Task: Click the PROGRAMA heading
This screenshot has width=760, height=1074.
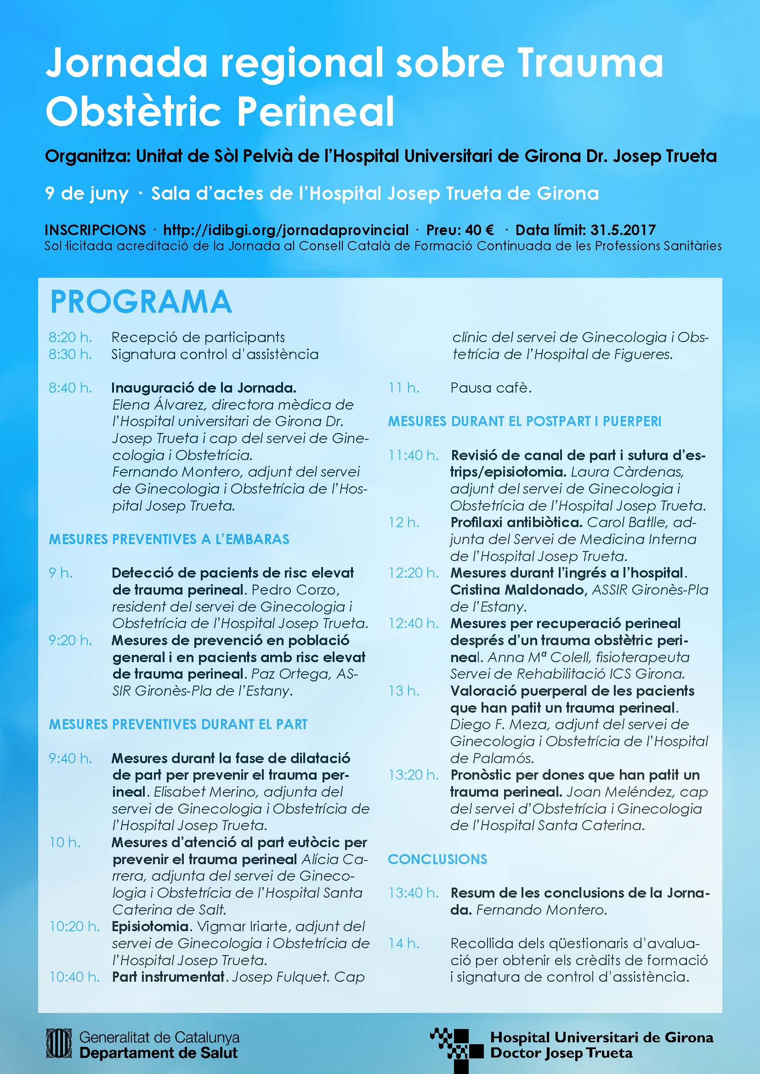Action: coord(141,302)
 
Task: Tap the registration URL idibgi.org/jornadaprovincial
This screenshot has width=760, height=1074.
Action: coord(285,230)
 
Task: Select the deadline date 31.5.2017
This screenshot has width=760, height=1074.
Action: coord(623,230)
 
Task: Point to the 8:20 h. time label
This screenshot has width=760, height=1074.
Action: coord(70,337)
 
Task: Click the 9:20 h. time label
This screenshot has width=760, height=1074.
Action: coord(70,641)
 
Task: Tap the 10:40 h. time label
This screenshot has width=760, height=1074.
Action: coord(74,977)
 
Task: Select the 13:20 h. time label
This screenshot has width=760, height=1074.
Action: coord(413,775)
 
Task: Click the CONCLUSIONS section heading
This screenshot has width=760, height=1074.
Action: coord(437,859)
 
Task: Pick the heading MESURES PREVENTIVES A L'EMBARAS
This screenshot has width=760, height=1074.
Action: coord(169,540)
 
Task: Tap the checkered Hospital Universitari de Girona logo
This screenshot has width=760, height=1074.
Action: coord(456,1048)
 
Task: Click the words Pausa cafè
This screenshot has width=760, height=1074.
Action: coord(491,388)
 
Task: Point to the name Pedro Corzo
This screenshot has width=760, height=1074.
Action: coord(295,590)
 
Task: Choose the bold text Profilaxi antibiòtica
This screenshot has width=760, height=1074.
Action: coord(516,523)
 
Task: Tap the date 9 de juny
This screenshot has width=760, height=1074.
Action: coord(86,193)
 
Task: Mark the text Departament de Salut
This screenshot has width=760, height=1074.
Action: coord(159,1053)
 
